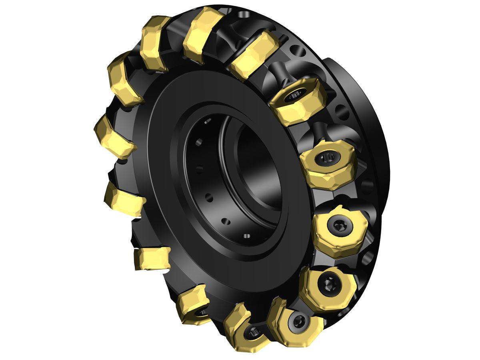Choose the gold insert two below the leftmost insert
(x=151, y=258)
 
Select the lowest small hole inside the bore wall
(x=246, y=236)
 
